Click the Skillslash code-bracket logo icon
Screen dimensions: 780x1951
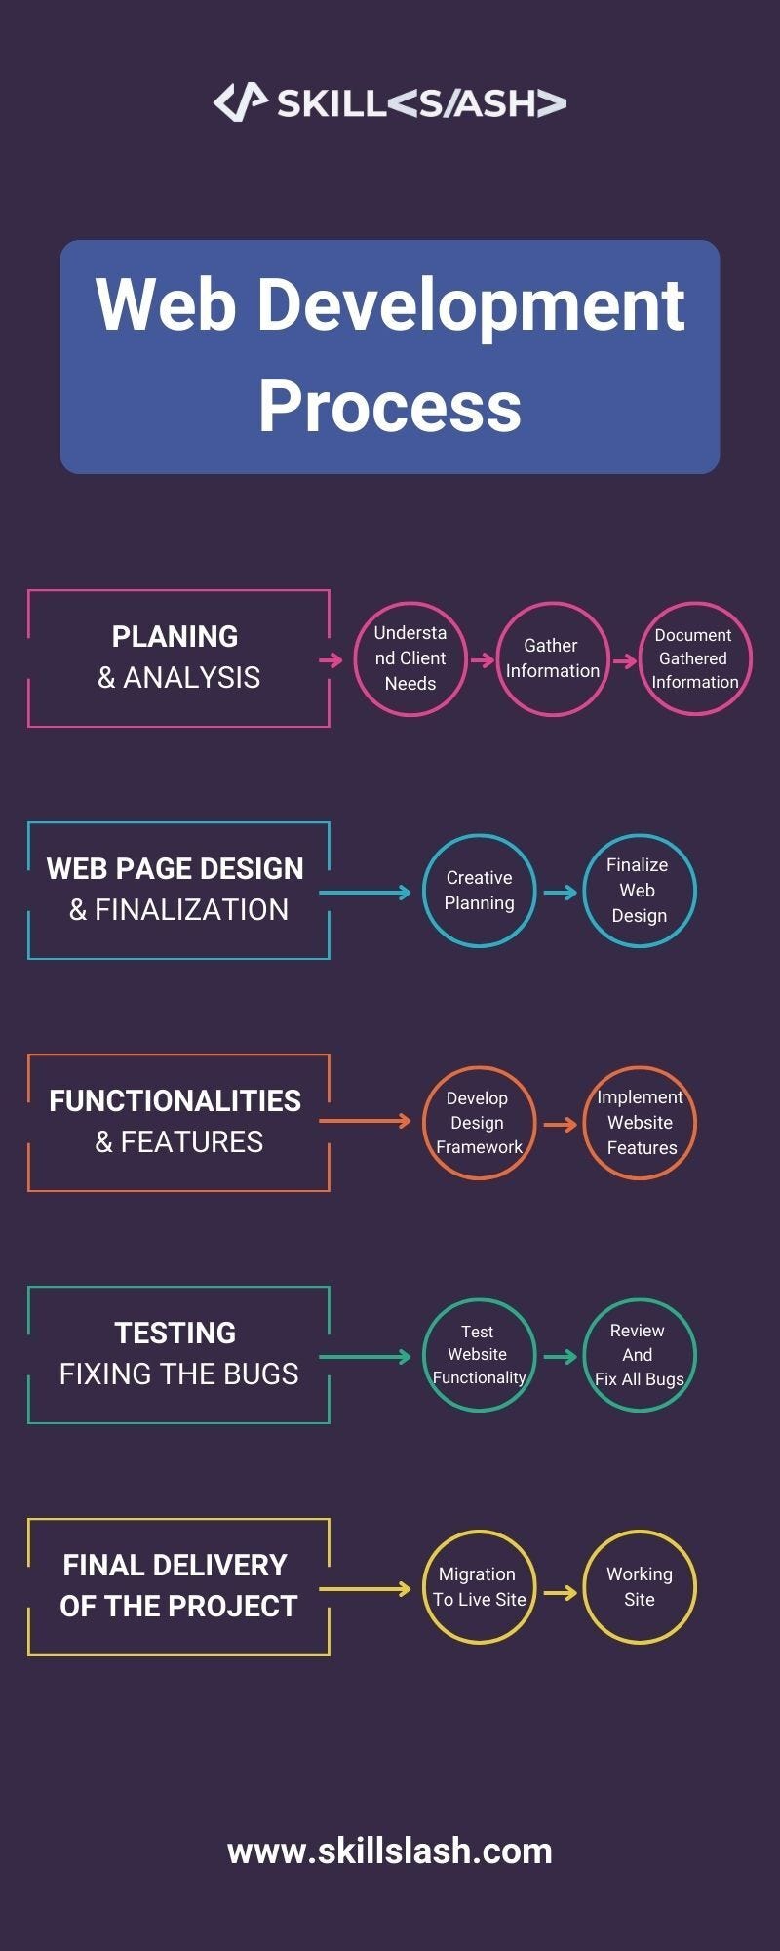(x=240, y=101)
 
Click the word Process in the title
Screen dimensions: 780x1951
(x=390, y=406)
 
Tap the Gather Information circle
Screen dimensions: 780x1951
(x=552, y=658)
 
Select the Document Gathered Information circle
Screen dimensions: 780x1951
(x=694, y=658)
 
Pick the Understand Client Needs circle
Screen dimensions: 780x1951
(x=409, y=658)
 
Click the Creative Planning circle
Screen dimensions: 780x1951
(x=479, y=891)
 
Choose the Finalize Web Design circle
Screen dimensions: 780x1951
(x=639, y=891)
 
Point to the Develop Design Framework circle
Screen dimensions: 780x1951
(x=479, y=1123)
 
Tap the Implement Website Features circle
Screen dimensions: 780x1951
(x=639, y=1123)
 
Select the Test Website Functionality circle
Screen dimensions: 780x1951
(x=479, y=1355)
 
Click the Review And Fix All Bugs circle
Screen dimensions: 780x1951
(x=639, y=1355)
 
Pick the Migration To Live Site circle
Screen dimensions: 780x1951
(x=479, y=1587)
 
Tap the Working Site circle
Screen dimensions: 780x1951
(x=639, y=1587)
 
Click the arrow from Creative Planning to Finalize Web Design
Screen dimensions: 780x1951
(x=560, y=892)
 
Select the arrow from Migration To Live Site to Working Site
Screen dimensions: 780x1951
(x=560, y=1592)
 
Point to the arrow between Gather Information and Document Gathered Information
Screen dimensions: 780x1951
(x=624, y=660)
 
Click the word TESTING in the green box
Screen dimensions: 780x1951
(x=175, y=1333)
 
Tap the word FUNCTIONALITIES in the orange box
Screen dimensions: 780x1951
(x=175, y=1100)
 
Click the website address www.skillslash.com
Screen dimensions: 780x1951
(x=390, y=1851)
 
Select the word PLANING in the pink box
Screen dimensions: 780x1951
(x=175, y=636)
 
